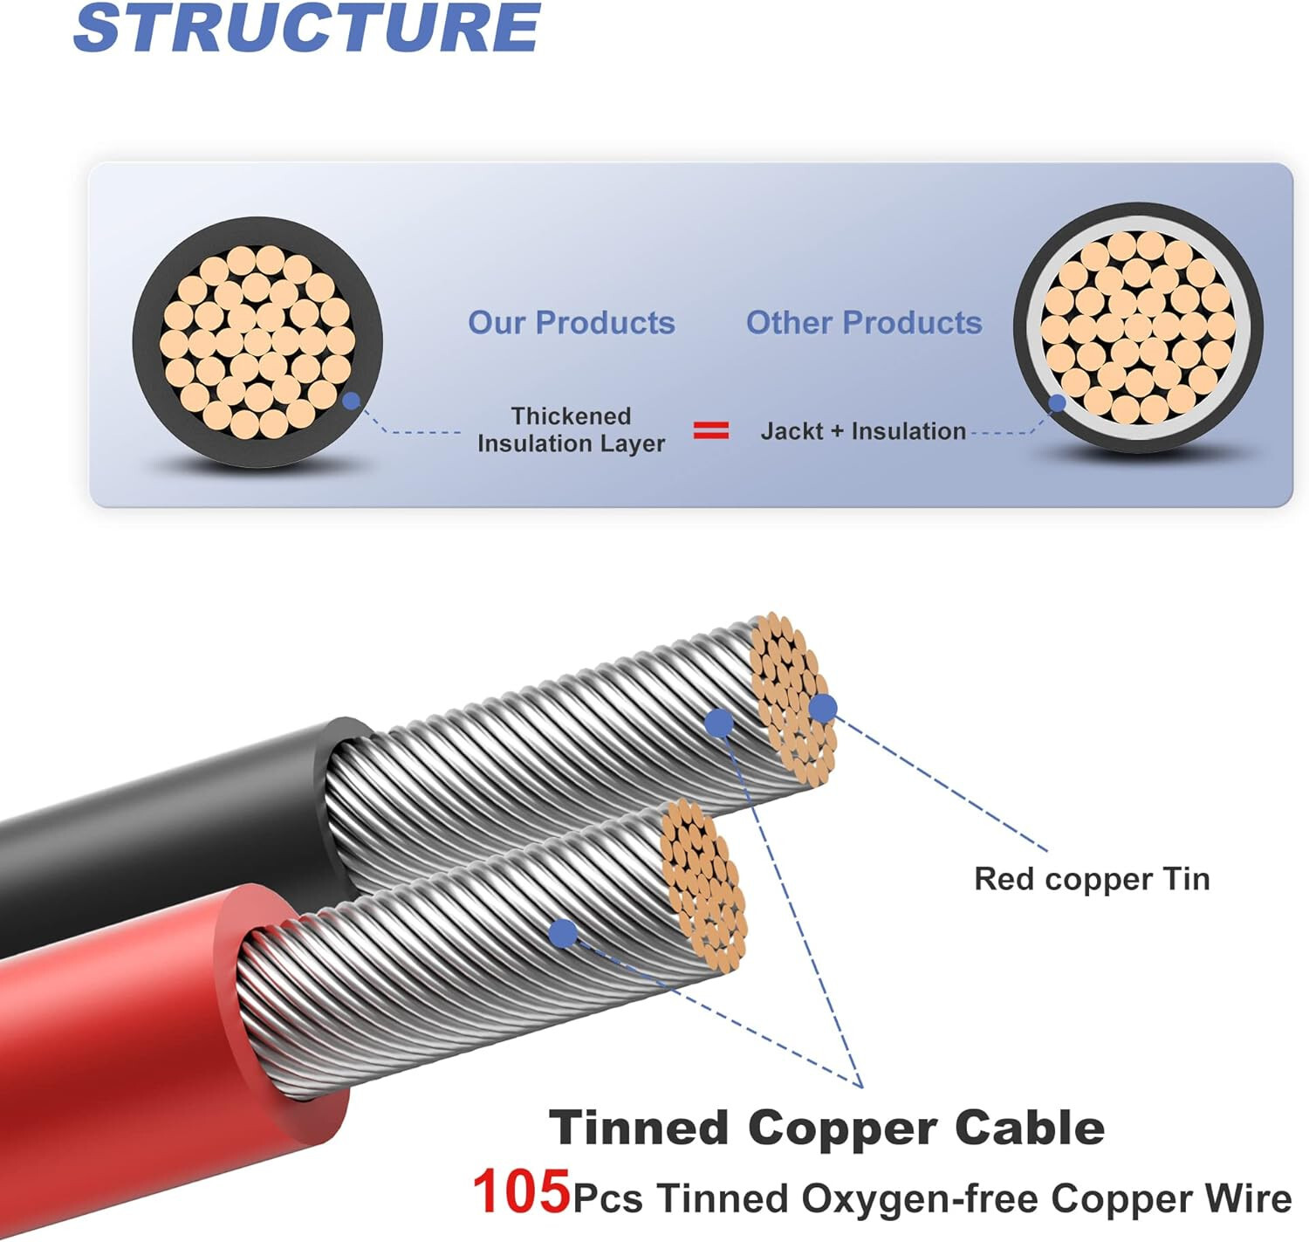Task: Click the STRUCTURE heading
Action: pyautogui.click(x=307, y=28)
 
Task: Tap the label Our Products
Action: pyautogui.click(x=572, y=323)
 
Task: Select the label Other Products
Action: pyautogui.click(x=864, y=323)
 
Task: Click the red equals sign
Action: pyautogui.click(x=711, y=430)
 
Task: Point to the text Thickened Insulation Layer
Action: pyautogui.click(x=572, y=429)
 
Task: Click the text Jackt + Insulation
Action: pyautogui.click(x=863, y=431)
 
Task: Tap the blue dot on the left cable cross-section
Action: pyautogui.click(x=352, y=401)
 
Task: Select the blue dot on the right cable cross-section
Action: pyautogui.click(x=1057, y=403)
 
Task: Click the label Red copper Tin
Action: pyautogui.click(x=1092, y=879)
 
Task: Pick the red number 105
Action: pyautogui.click(x=521, y=1192)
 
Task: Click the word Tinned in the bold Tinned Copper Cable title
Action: pyautogui.click(x=639, y=1128)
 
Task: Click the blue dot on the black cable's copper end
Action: pyautogui.click(x=822, y=708)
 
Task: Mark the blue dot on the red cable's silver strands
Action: pyautogui.click(x=564, y=934)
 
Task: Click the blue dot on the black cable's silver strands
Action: pyautogui.click(x=718, y=723)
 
